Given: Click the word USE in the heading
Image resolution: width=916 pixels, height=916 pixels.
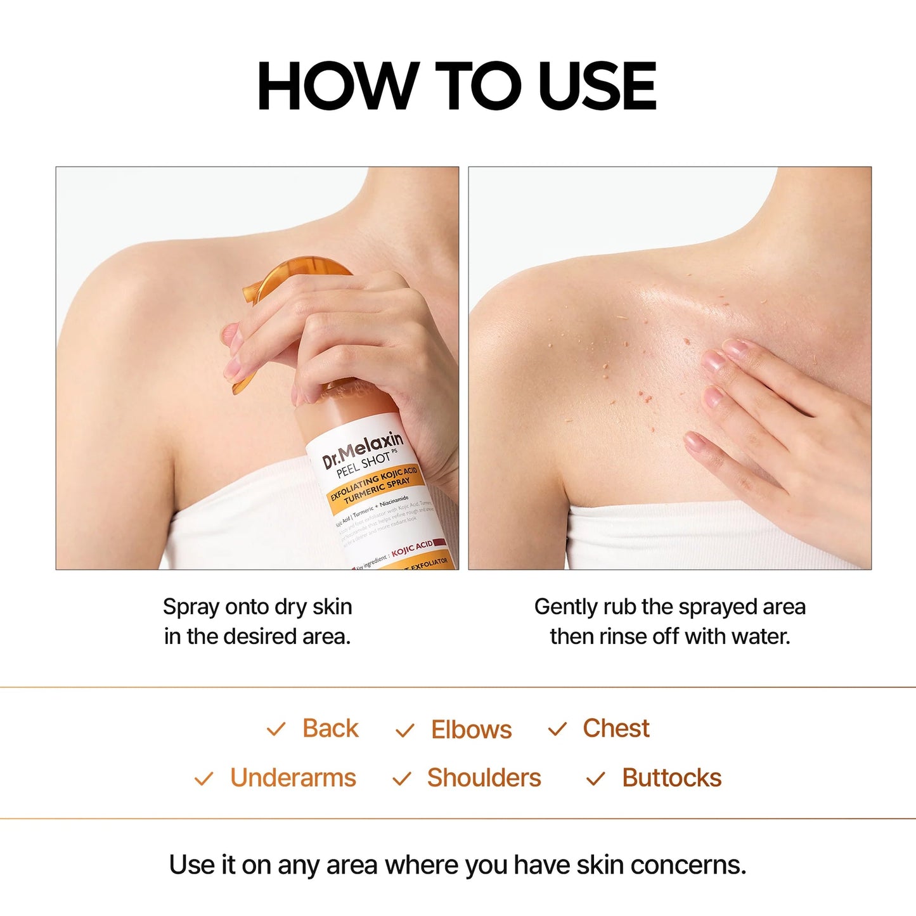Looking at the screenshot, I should [597, 86].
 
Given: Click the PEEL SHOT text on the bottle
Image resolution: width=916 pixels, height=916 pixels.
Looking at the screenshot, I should [363, 465].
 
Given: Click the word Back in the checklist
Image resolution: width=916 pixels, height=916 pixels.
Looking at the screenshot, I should [330, 728].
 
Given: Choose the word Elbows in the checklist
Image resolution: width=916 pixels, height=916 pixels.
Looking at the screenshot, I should [471, 730].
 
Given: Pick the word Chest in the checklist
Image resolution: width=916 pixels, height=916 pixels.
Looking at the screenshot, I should [616, 728].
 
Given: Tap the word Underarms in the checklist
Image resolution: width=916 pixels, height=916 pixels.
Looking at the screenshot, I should [293, 778].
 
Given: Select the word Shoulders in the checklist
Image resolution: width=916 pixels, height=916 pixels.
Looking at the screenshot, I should [484, 778].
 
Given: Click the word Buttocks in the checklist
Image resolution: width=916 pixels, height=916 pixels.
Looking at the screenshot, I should [671, 778].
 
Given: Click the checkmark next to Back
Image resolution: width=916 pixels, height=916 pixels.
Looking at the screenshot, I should [276, 730].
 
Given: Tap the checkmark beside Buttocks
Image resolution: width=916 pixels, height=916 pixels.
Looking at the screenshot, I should [595, 778].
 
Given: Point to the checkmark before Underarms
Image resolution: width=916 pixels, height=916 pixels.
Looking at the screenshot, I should [203, 778].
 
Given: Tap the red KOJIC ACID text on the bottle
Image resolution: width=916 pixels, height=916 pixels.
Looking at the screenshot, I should [412, 548].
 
